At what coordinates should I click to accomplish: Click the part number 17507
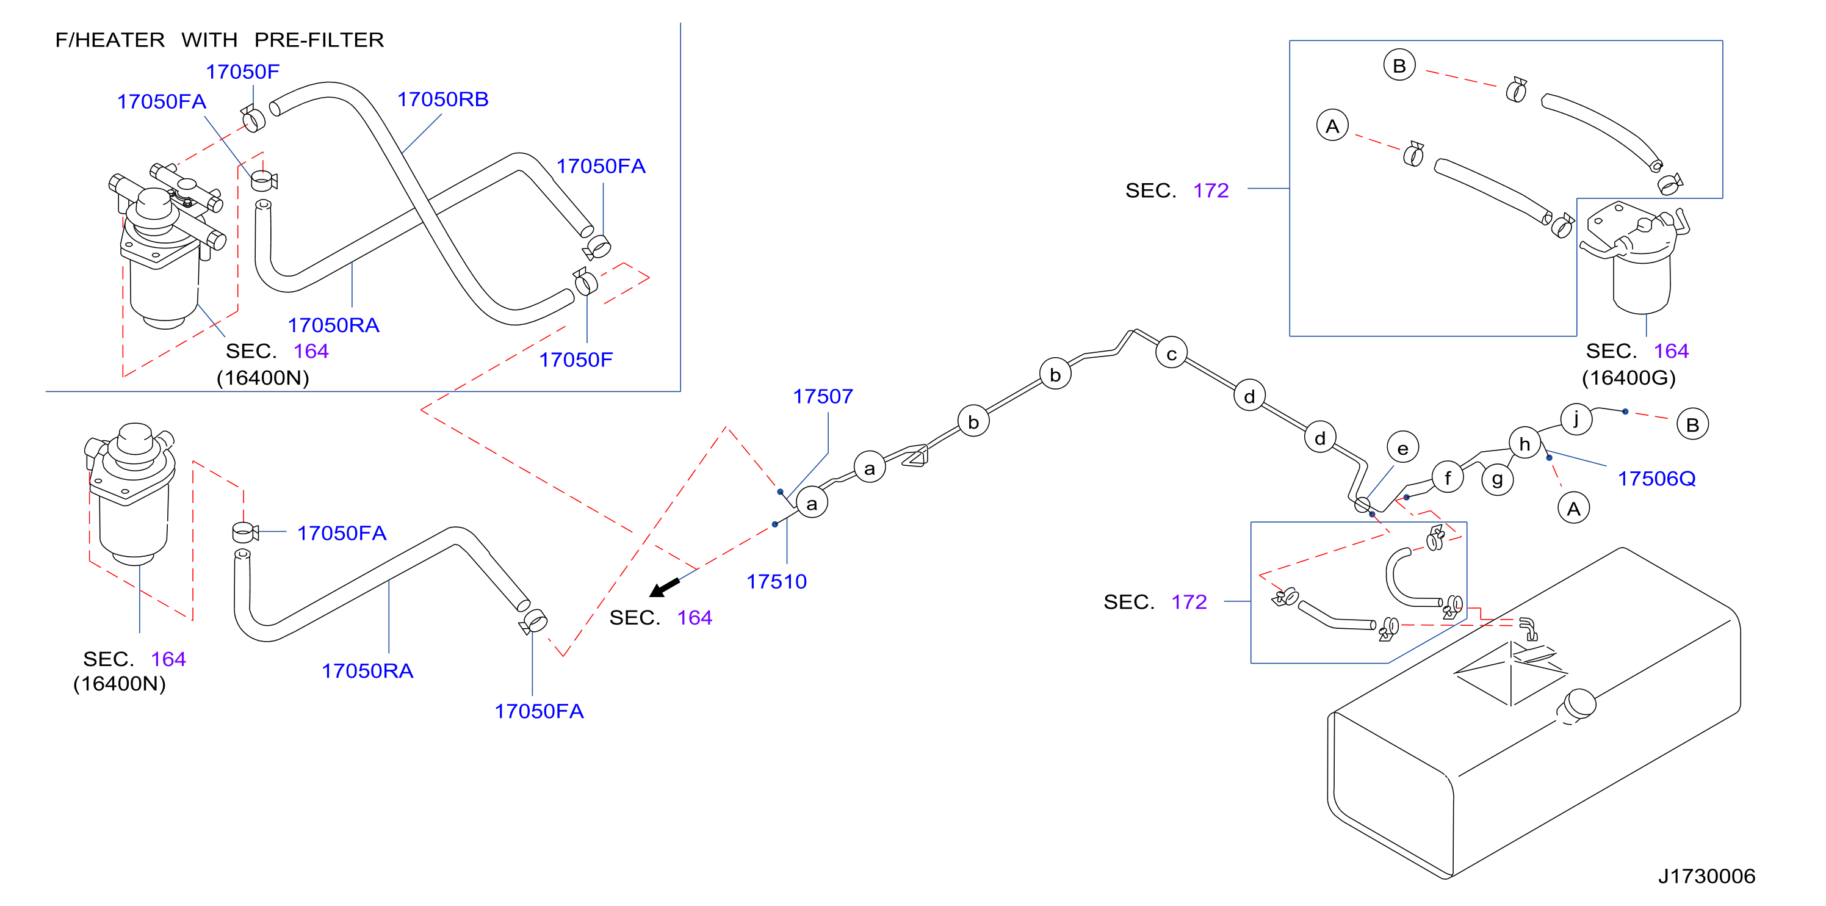coord(822,396)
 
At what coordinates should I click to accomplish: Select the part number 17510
coord(776,581)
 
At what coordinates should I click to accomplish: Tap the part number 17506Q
coord(1656,479)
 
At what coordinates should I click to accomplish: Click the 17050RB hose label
coord(442,100)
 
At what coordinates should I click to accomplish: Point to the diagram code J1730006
coord(1706,876)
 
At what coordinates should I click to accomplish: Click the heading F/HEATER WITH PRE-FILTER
coord(219,40)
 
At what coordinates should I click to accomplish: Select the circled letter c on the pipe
coord(1172,353)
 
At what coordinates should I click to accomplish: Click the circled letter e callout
coord(1403,448)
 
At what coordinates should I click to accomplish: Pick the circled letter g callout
coord(1497,480)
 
